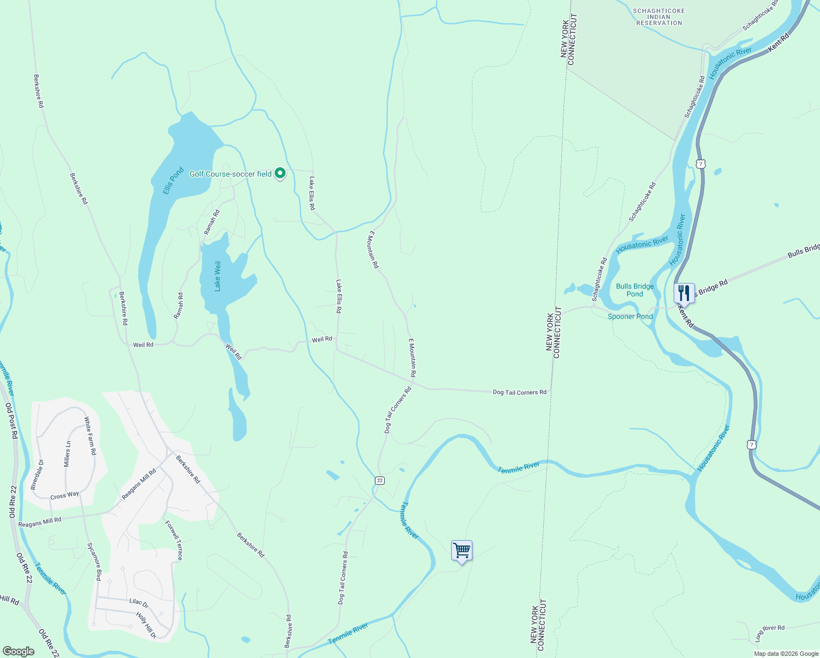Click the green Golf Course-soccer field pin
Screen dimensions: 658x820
[280, 174]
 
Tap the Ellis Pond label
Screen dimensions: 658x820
[173, 181]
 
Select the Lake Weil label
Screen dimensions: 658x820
[218, 276]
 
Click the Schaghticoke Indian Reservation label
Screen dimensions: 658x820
[659, 17]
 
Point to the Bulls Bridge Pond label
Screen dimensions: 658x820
[635, 290]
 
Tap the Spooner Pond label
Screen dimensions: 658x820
[630, 316]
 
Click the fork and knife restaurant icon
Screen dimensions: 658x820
[684, 293]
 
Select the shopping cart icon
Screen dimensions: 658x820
[462, 551]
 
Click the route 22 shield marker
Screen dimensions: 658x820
[380, 480]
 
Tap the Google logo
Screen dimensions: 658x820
[19, 651]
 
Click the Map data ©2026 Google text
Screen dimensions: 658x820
[786, 654]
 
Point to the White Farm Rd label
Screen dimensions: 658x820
[90, 436]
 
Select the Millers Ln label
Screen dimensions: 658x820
[67, 454]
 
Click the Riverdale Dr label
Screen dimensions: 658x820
[37, 474]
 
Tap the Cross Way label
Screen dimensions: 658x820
[65, 496]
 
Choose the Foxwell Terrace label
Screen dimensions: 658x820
[174, 541]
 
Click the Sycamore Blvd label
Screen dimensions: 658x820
[94, 561]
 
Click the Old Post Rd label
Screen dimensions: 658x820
[12, 421]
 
